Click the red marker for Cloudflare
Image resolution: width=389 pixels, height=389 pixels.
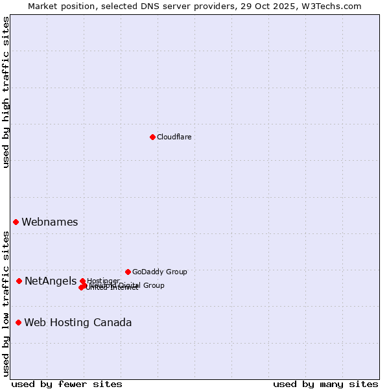[x=152, y=137]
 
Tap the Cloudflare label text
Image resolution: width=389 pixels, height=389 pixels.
[x=174, y=137]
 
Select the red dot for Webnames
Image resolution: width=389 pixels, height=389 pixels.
[x=16, y=222]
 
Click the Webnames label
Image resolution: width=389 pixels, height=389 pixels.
[x=50, y=222]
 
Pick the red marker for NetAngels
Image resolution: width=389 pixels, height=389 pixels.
[x=19, y=281]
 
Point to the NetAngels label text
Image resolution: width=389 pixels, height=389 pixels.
[x=51, y=281]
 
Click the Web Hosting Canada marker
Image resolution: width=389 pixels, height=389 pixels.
[x=18, y=322]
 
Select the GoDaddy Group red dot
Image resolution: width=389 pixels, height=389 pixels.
[x=128, y=272]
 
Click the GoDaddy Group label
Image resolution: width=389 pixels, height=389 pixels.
[x=159, y=272]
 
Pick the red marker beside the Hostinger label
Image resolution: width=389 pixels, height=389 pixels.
[x=82, y=281]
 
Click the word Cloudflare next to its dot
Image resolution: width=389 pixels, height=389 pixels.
[x=174, y=137]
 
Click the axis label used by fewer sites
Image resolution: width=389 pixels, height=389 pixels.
[x=67, y=384]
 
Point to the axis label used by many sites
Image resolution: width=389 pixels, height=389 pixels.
[x=325, y=384]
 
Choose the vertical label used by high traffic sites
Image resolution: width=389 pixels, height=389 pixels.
[x=6, y=92]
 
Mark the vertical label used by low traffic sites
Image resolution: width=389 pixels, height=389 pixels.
[x=6, y=303]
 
